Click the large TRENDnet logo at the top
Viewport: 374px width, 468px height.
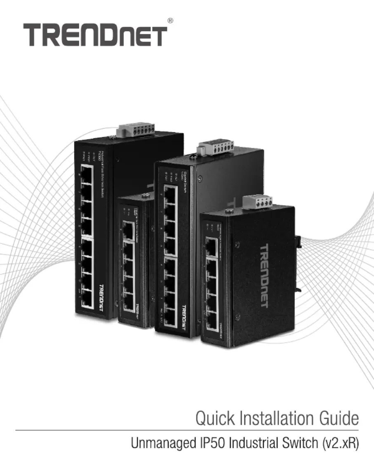pos(95,35)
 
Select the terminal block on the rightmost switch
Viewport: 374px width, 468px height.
pos(253,201)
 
